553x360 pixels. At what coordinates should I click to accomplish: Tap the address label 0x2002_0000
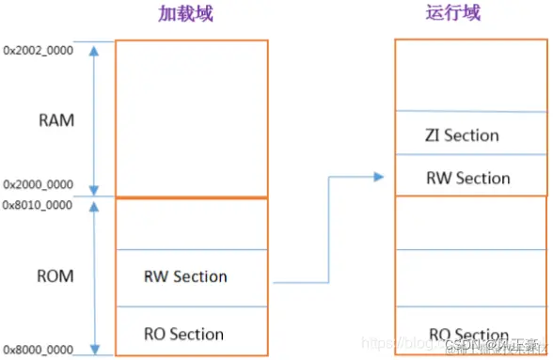click(38, 48)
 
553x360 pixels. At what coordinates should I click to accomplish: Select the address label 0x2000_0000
click(38, 185)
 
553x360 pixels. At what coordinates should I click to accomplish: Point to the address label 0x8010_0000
click(38, 204)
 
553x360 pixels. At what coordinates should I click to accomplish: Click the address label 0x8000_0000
click(38, 349)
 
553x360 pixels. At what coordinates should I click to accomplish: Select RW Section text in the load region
click(185, 276)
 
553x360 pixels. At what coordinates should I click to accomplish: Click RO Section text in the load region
click(183, 334)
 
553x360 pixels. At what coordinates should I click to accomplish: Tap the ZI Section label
click(462, 135)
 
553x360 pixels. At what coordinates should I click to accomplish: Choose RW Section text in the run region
click(468, 178)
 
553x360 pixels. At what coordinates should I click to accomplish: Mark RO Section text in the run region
click(468, 335)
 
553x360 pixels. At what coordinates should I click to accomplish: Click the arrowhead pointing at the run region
click(379, 177)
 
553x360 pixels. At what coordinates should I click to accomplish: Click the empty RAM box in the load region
click(191, 117)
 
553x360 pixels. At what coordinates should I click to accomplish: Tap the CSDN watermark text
click(480, 344)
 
